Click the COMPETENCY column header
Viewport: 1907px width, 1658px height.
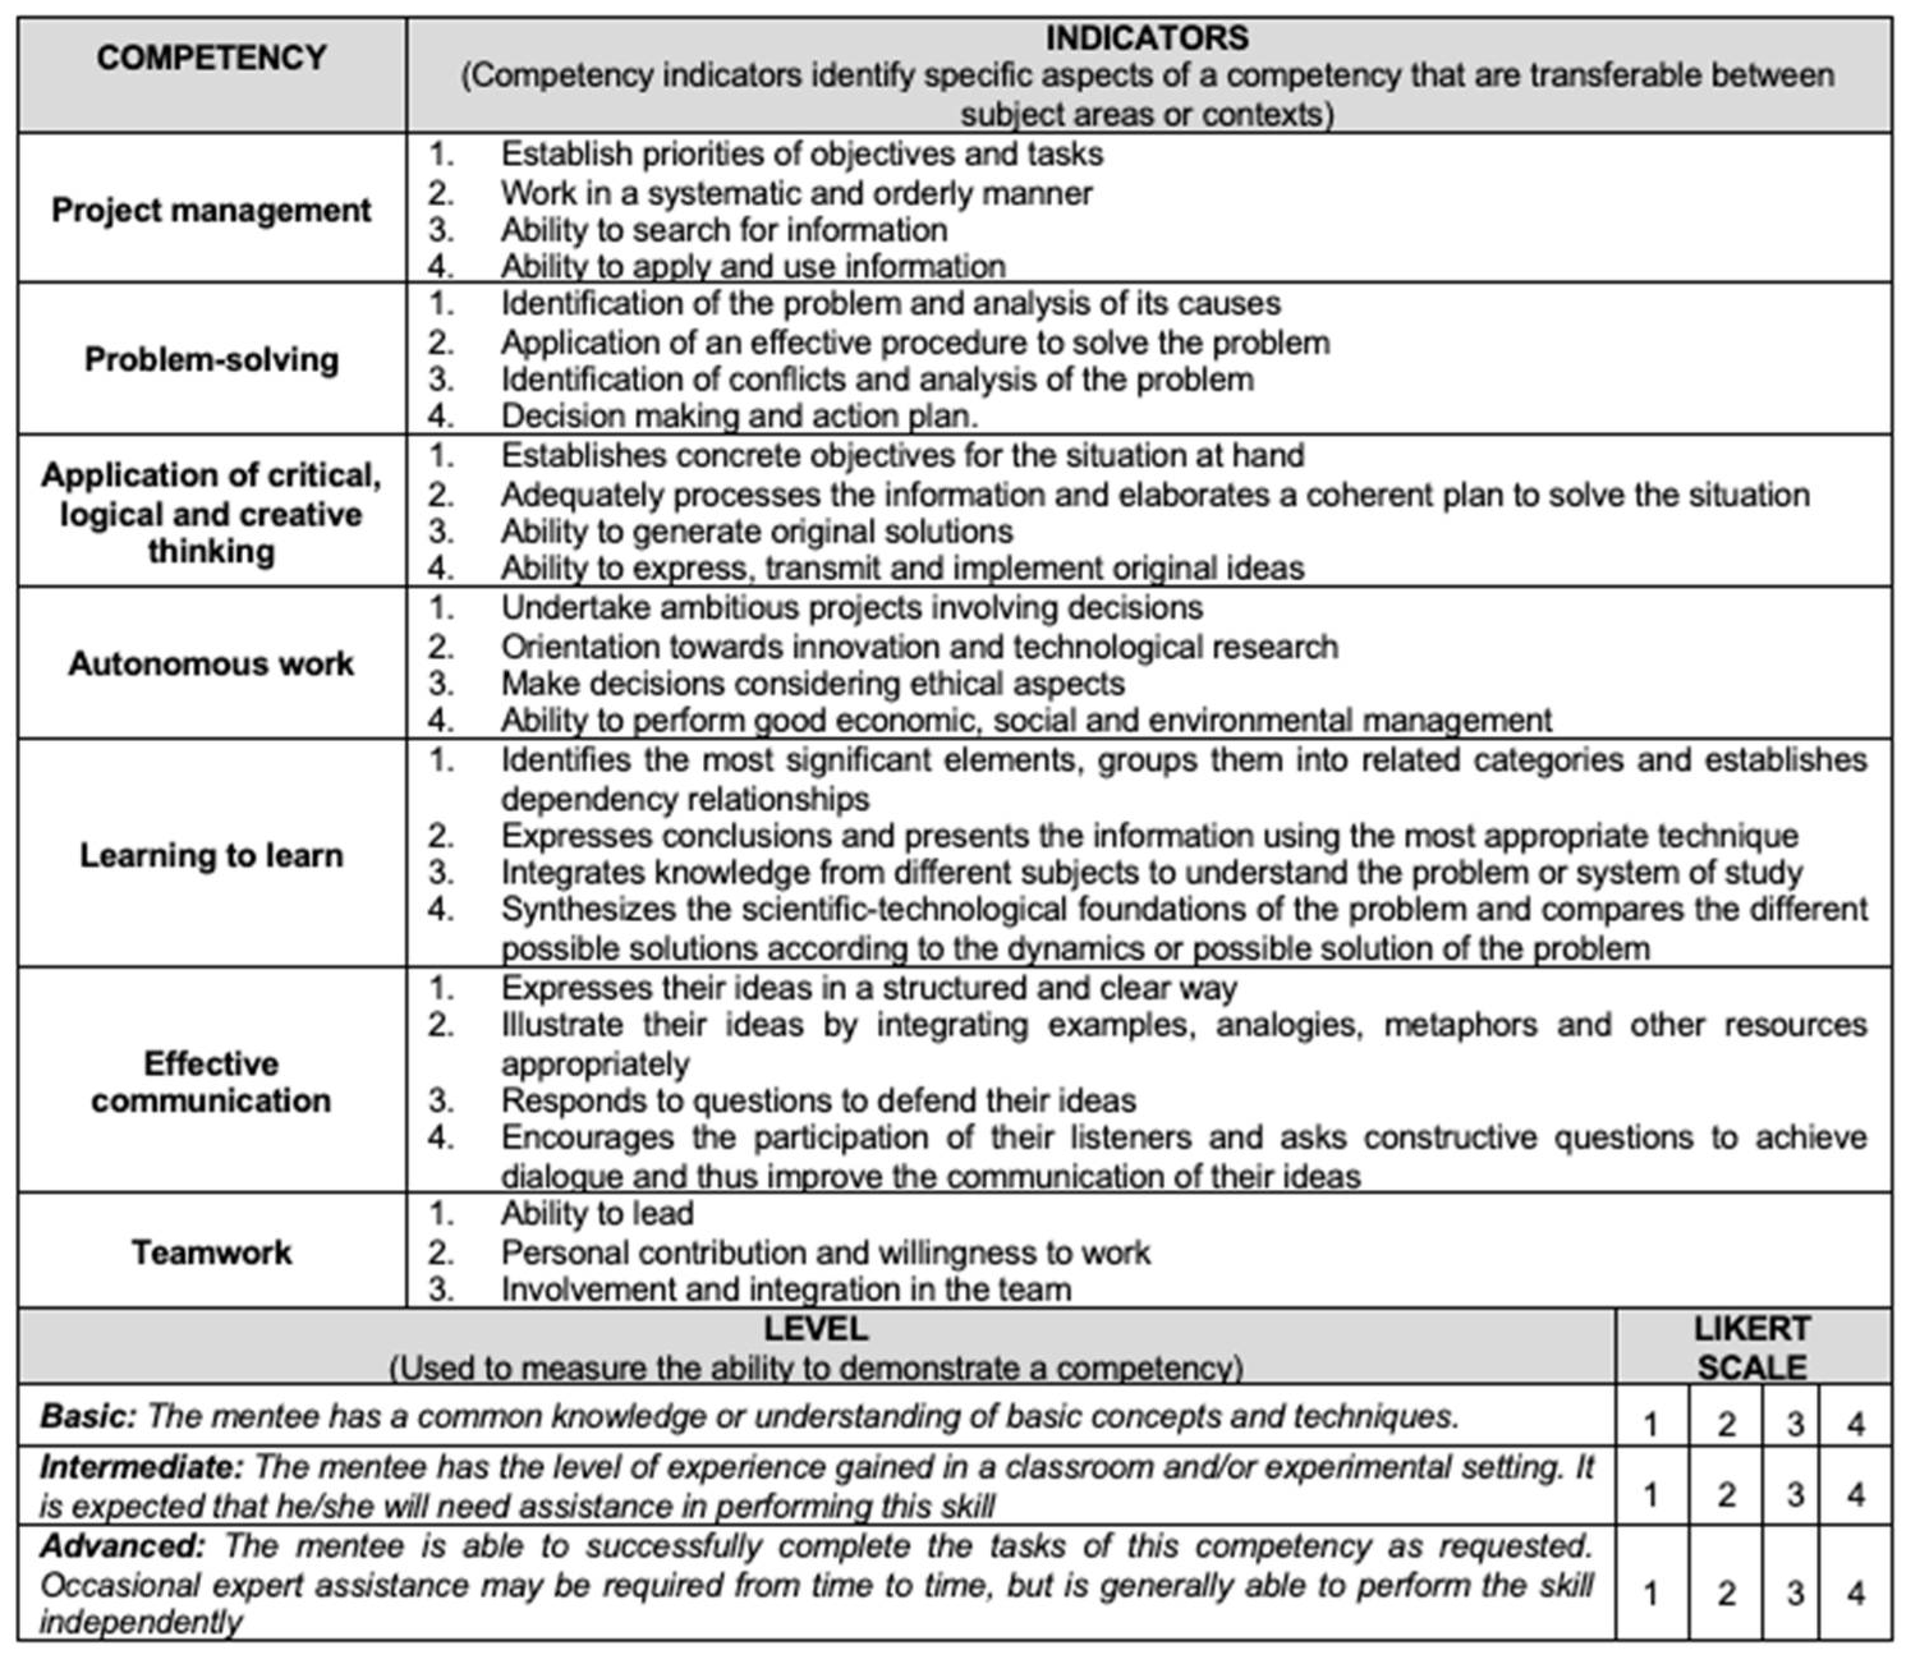coord(211,58)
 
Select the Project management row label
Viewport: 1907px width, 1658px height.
coord(211,210)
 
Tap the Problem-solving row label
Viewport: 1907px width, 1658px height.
coord(211,359)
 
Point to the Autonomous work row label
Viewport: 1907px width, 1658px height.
coord(211,663)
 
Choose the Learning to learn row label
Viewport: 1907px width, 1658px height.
coord(211,855)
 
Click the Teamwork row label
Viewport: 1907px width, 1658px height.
coord(211,1252)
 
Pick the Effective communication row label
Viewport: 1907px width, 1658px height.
coord(211,1082)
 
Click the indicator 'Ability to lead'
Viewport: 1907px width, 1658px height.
coord(597,1213)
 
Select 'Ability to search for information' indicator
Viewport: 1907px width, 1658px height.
coord(723,229)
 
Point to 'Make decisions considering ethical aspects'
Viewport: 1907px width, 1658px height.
coord(812,684)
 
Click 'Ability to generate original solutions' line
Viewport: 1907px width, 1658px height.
coord(756,531)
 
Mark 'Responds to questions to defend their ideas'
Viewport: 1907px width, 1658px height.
coord(818,1100)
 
